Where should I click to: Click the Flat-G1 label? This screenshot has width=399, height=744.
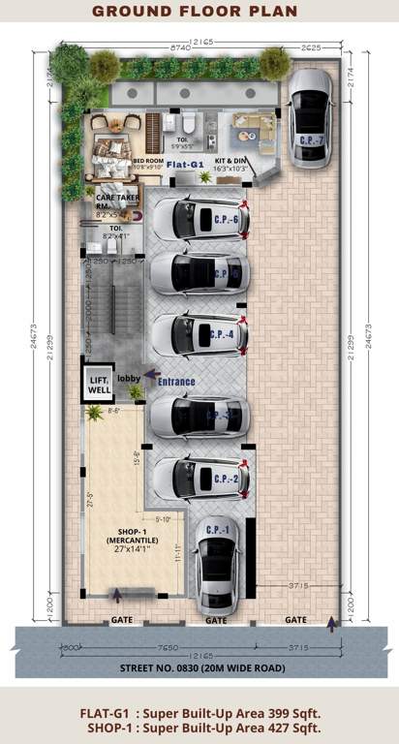click(184, 165)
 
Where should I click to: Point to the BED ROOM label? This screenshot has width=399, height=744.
click(146, 161)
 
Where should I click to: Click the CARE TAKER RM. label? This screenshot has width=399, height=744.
click(107, 200)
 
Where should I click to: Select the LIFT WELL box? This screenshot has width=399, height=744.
click(101, 385)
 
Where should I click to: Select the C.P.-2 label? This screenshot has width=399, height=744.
click(226, 479)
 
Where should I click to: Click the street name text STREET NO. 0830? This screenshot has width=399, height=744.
click(199, 668)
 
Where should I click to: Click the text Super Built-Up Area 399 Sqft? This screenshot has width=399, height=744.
click(230, 713)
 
